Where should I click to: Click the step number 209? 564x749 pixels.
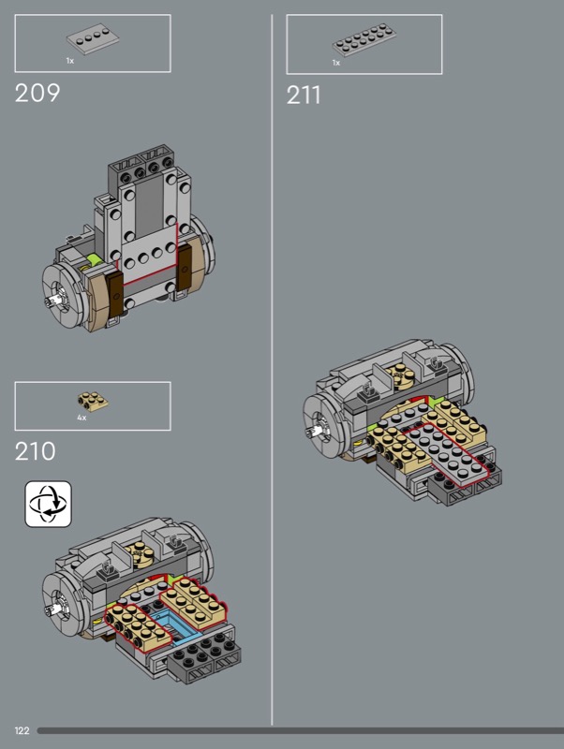pos(37,93)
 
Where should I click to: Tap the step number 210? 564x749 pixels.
pos(35,451)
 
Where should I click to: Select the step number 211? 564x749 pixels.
pos(304,95)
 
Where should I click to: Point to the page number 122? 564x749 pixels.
pos(22,730)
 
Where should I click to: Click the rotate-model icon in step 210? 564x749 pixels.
pos(49,504)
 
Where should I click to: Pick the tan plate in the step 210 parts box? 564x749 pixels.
pos(93,402)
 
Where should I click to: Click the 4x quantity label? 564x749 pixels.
pos(82,418)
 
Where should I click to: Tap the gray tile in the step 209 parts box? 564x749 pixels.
pos(93,40)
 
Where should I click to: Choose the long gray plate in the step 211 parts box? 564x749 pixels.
pos(364,39)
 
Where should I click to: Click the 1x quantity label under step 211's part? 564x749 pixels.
pos(336,63)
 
